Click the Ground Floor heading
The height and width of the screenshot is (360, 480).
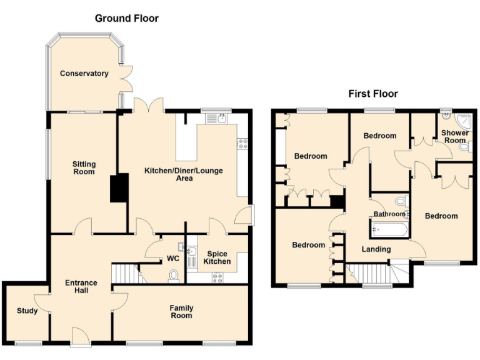(126, 18)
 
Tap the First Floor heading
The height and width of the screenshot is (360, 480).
(372, 94)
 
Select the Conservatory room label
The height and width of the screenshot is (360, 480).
(84, 74)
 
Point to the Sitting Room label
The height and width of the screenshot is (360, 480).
(83, 167)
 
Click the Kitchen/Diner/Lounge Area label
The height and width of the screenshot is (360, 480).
(184, 174)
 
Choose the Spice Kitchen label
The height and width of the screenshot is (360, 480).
(217, 257)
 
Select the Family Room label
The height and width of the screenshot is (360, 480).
(182, 312)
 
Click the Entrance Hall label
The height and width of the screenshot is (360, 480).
(81, 287)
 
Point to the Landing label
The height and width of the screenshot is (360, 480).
(376, 249)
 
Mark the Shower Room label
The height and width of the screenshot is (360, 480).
(454, 137)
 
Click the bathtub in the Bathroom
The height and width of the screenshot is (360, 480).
(389, 231)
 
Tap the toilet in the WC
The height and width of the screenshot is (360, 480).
(174, 276)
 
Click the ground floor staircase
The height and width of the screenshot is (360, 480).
(124, 273)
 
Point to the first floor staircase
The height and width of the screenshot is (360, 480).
(368, 273)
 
